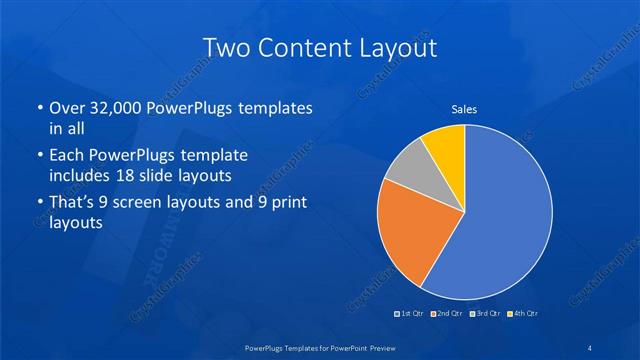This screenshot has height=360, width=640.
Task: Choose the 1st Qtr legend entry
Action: tap(410, 314)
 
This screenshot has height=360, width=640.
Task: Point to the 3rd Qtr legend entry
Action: tap(486, 314)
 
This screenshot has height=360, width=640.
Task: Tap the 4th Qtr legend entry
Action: tap(523, 314)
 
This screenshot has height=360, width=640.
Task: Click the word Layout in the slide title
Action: tap(395, 47)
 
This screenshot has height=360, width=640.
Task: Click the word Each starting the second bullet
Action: tap(65, 156)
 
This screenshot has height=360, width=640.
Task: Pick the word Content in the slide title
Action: tap(303, 47)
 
